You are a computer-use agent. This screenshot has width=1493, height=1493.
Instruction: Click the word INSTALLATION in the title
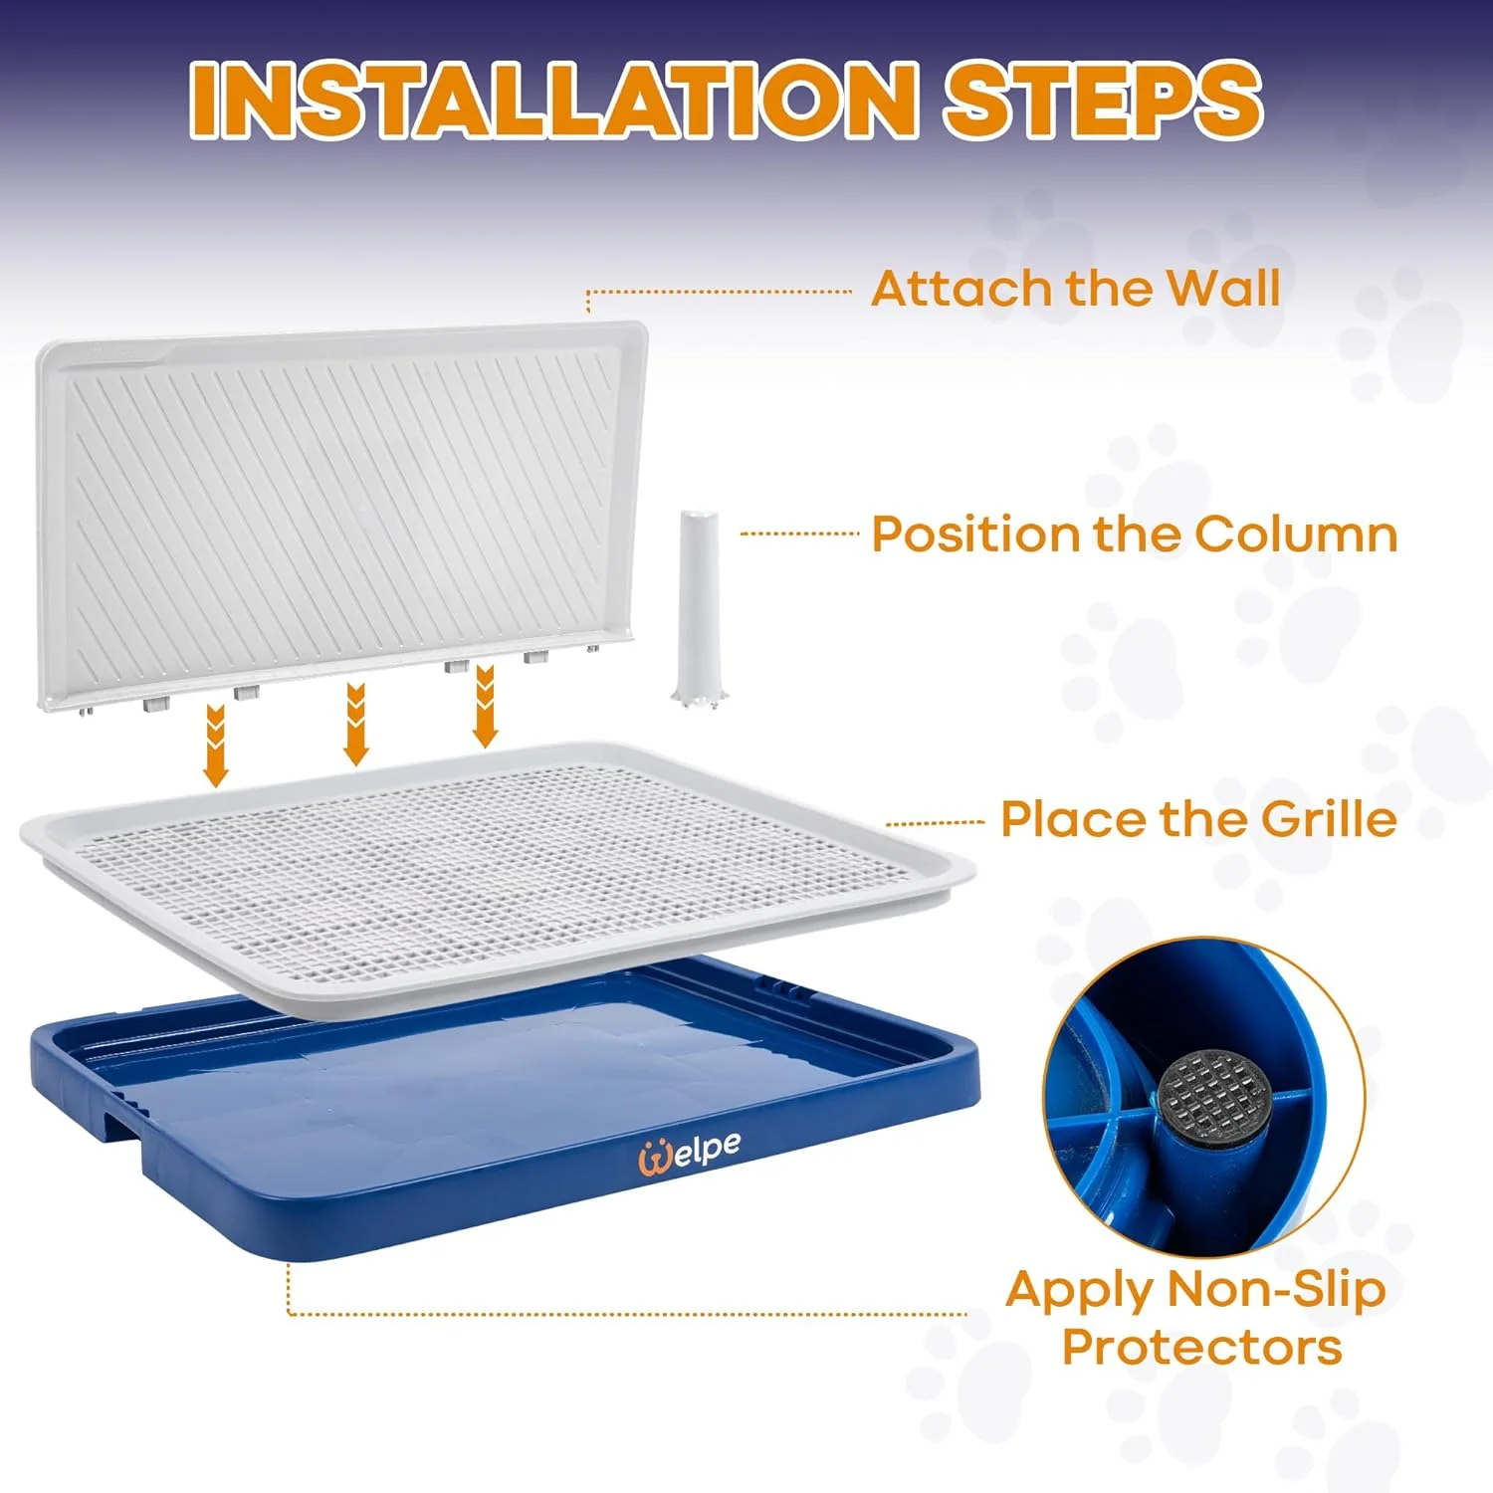(x=552, y=100)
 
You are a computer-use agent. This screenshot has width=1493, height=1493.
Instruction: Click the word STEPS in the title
(x=1103, y=100)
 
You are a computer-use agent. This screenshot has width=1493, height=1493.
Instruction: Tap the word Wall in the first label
(x=1223, y=289)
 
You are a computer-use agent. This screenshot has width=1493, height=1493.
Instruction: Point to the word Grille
(x=1328, y=819)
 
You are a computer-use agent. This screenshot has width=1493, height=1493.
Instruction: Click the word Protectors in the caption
(x=1201, y=1347)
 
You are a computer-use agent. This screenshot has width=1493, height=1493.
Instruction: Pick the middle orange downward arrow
(x=355, y=724)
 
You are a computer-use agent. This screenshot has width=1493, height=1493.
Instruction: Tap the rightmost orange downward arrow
(x=485, y=706)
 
